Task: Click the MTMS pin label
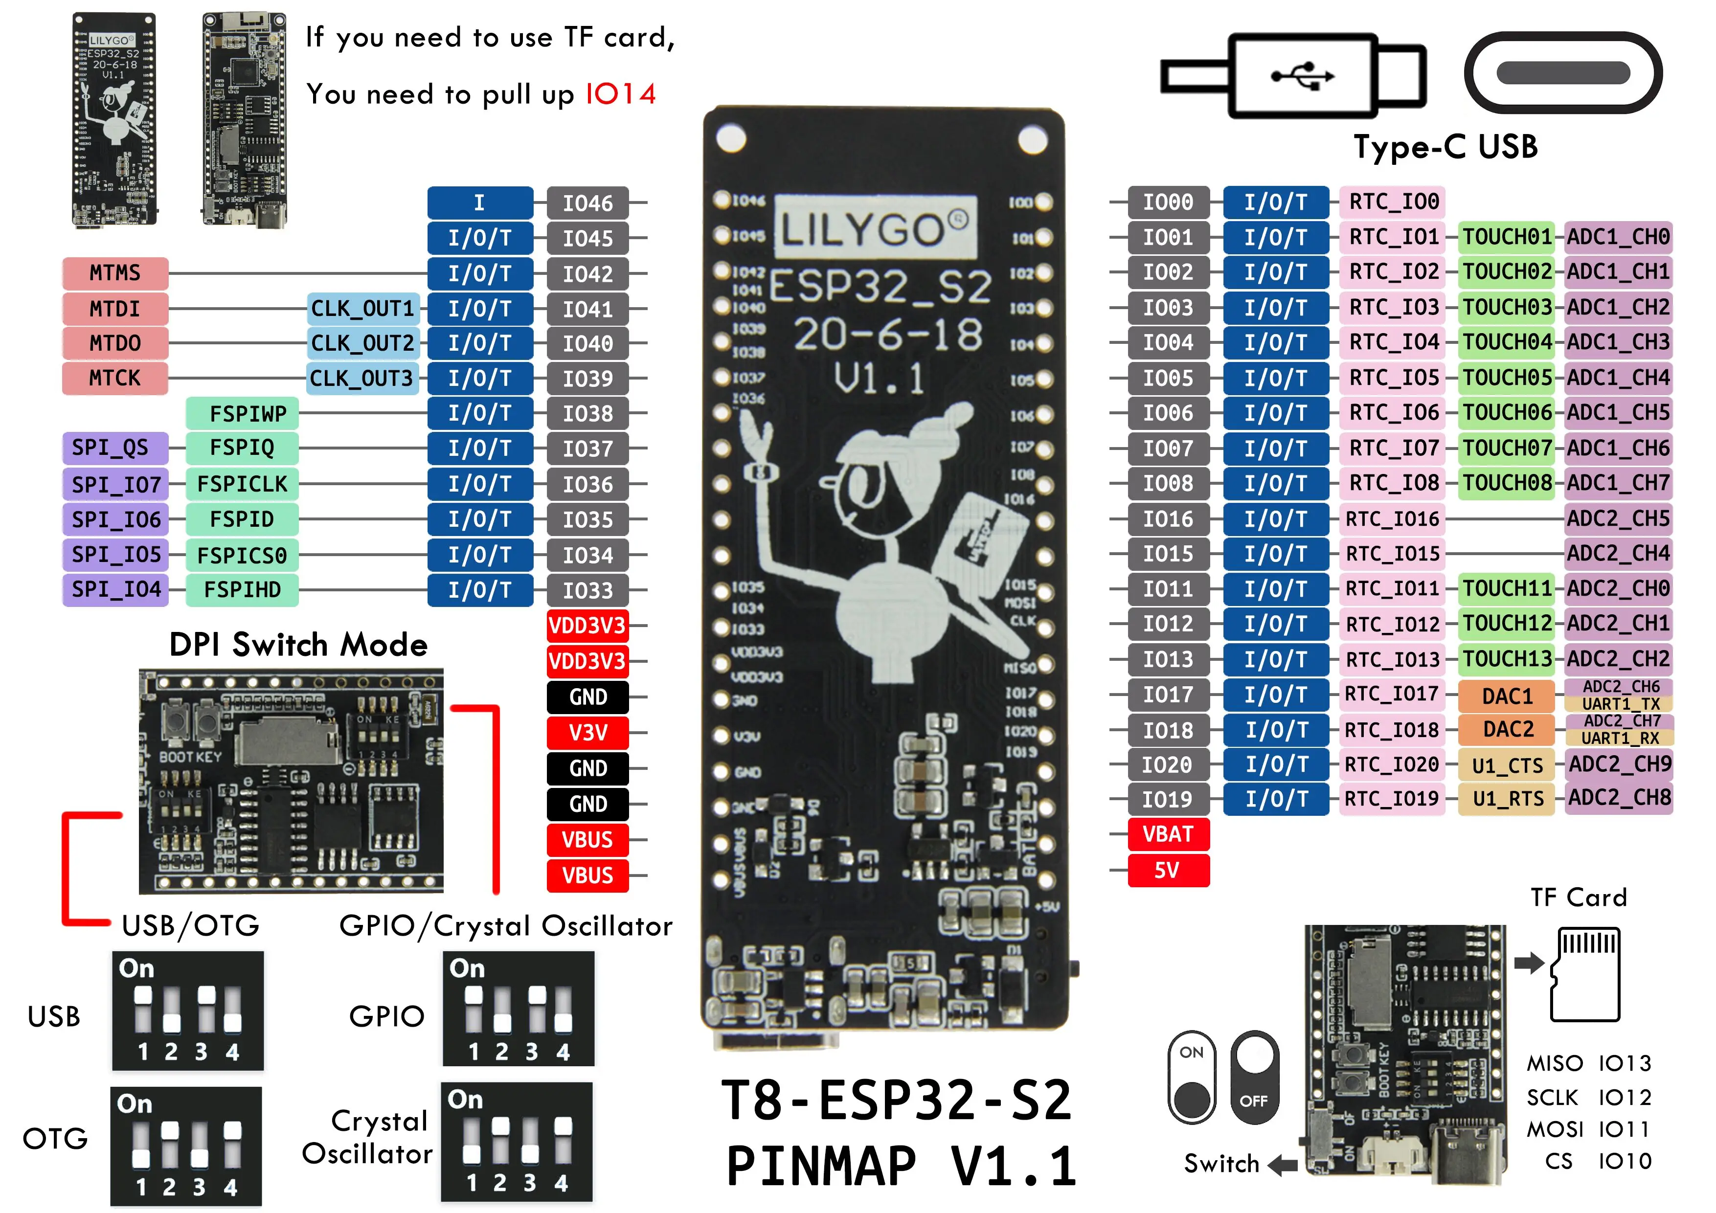pos(115,273)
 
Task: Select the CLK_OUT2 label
pos(362,343)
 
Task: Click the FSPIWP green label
pos(242,413)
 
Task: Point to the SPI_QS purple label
pos(115,448)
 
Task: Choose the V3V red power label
pos(587,732)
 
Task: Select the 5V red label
pos(1168,870)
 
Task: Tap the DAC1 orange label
pos(1506,696)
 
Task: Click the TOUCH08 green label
pos(1506,483)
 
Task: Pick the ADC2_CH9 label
pos(1618,764)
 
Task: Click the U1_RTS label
pos(1506,799)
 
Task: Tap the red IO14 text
pos(620,94)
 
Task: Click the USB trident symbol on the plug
pos(1303,75)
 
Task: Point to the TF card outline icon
pos(1586,974)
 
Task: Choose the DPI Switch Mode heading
pos(298,644)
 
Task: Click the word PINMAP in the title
pos(821,1166)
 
